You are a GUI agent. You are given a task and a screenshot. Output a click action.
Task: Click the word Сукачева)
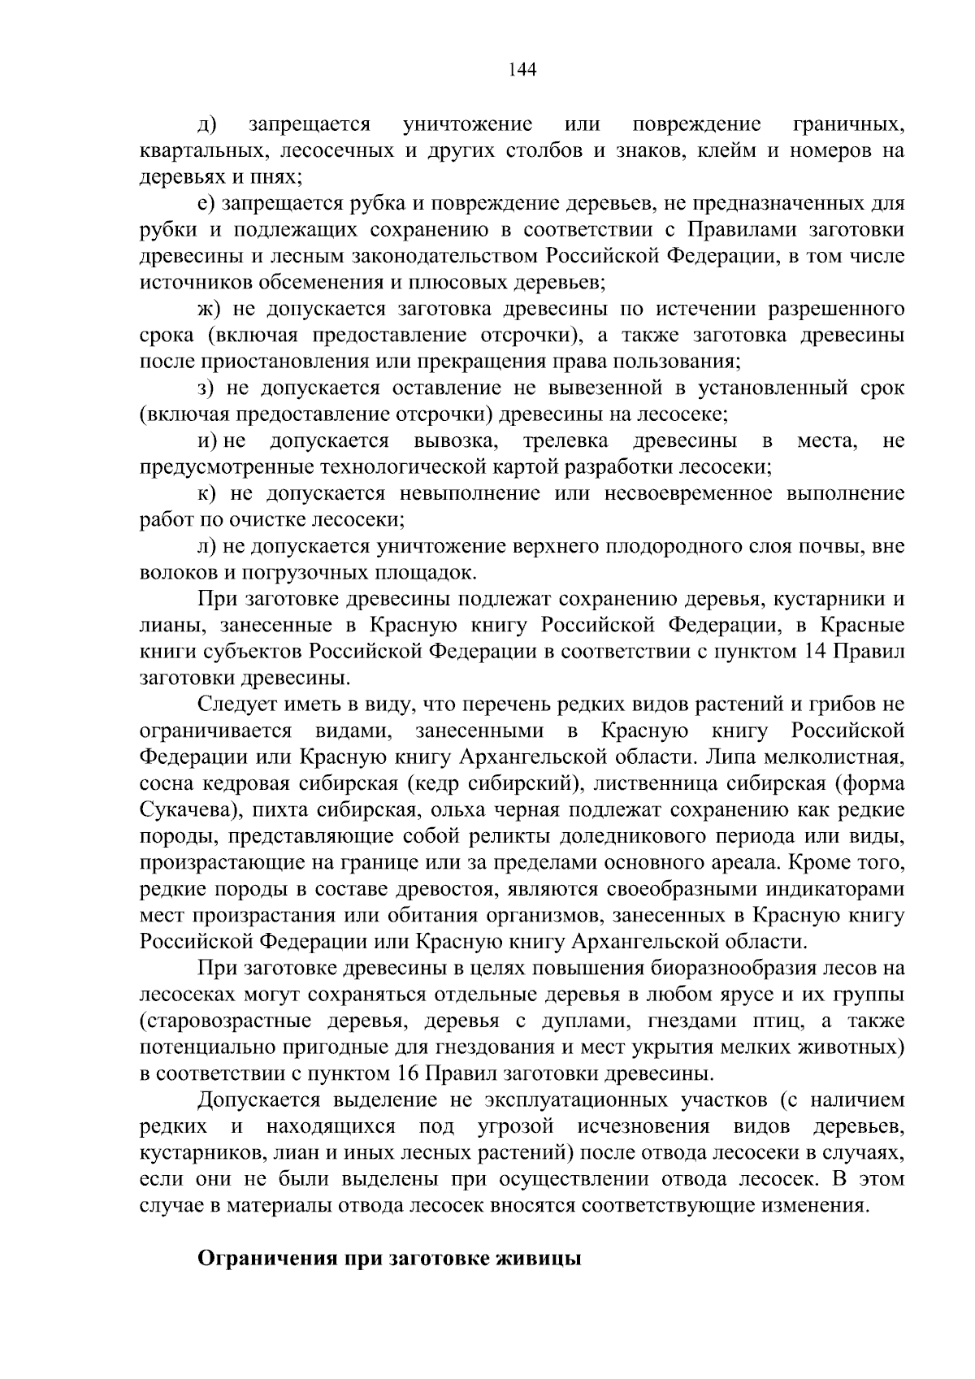(183, 810)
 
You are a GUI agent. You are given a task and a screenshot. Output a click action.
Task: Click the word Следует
(236, 705)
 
